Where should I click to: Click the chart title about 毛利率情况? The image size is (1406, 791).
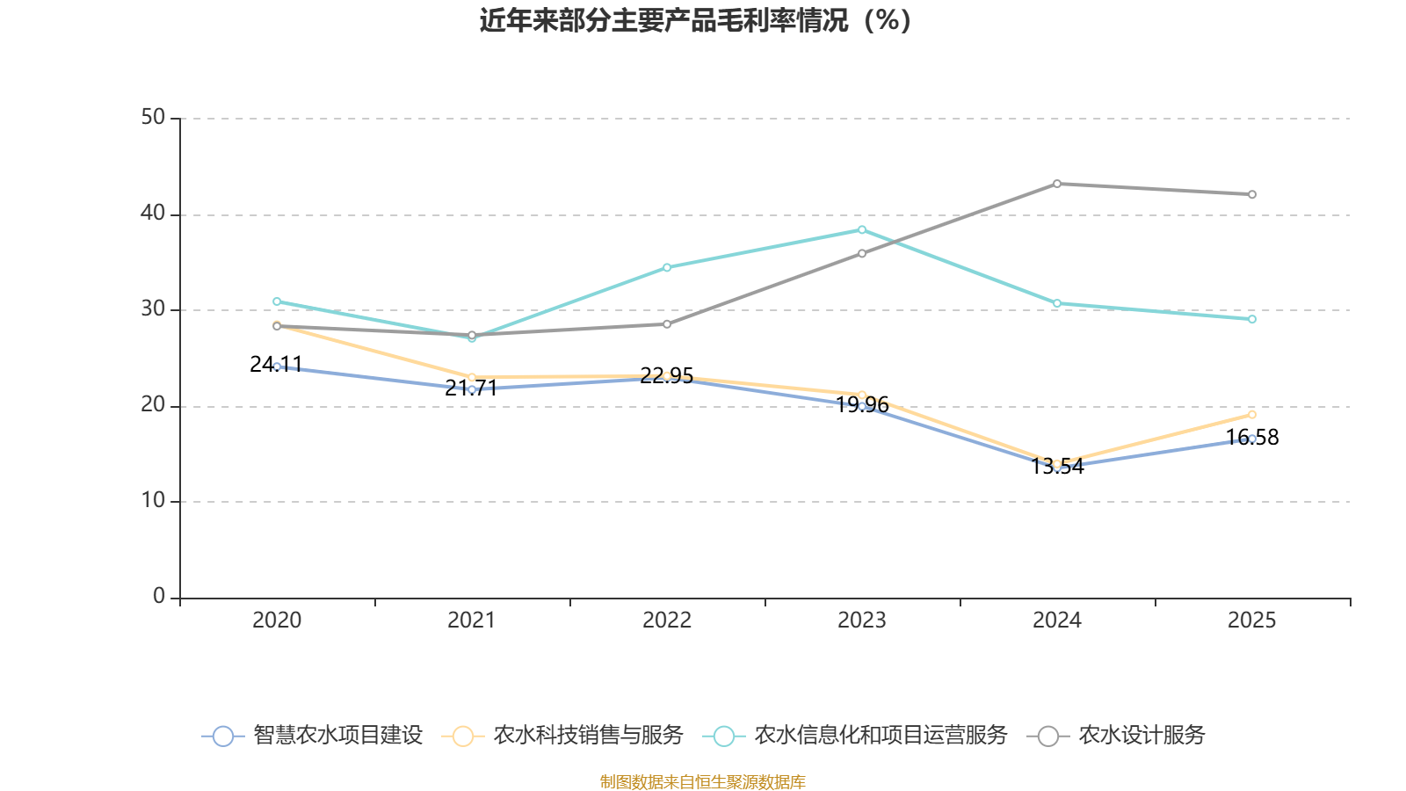(x=695, y=20)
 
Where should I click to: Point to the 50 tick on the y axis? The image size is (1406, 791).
(x=153, y=117)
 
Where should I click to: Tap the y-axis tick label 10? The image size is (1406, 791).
(x=153, y=500)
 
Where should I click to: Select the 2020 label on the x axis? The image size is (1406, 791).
(x=277, y=620)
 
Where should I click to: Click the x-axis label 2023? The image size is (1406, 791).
(x=861, y=620)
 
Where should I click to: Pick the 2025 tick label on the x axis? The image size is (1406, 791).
(x=1251, y=620)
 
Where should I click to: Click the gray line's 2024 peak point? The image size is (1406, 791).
(x=1056, y=184)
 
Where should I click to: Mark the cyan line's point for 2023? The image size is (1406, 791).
(x=861, y=229)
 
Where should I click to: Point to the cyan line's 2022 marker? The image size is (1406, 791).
(x=666, y=267)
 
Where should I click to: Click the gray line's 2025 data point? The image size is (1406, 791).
(x=1251, y=194)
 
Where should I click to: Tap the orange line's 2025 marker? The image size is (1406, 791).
(x=1251, y=414)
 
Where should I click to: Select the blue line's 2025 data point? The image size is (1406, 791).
(x=1251, y=439)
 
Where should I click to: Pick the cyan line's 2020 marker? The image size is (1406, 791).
(x=277, y=301)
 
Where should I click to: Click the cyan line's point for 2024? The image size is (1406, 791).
(x=1056, y=303)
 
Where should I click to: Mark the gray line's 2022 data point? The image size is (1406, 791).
(x=666, y=324)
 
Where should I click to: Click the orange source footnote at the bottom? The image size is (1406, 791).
(x=702, y=781)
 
